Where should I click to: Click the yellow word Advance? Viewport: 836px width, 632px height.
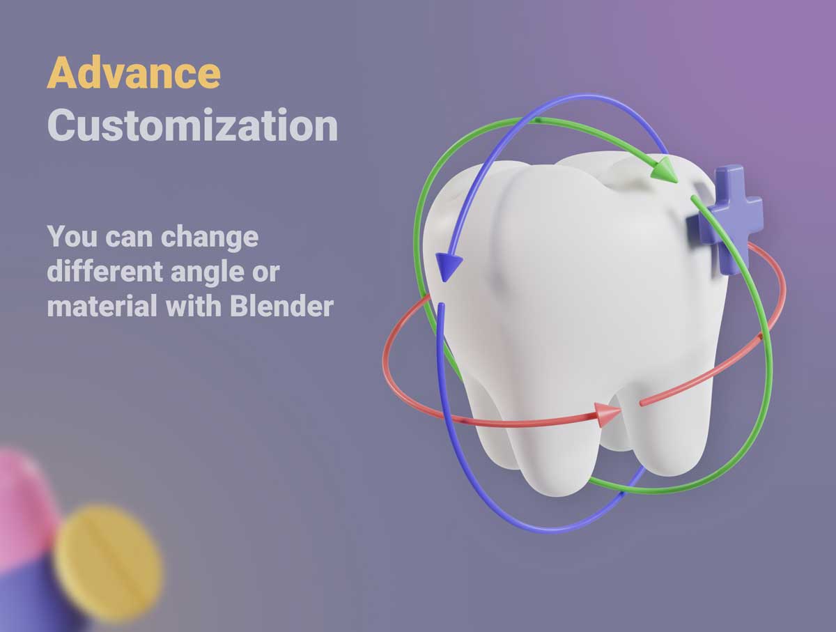(134, 72)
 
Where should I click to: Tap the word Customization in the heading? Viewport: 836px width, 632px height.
(193, 125)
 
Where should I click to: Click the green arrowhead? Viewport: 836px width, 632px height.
(663, 169)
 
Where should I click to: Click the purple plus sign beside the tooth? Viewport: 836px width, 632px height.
(725, 218)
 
